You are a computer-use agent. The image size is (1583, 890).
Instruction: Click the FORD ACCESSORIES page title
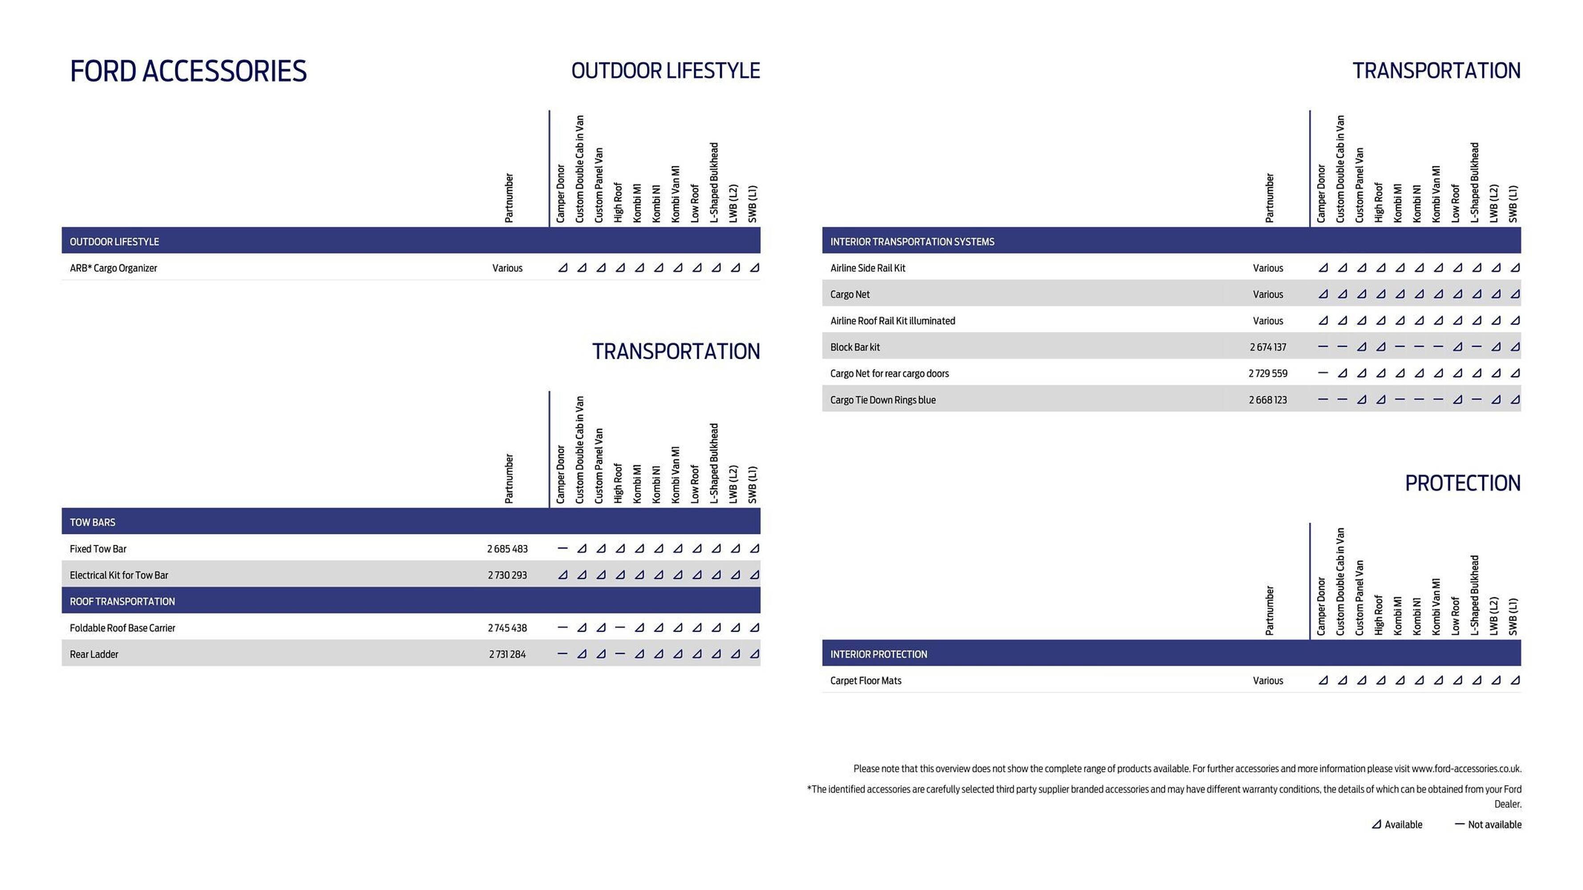(188, 71)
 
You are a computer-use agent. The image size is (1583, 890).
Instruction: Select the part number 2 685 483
(507, 549)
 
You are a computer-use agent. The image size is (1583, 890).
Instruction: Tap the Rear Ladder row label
(94, 654)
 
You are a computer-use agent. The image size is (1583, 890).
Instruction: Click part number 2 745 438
(507, 628)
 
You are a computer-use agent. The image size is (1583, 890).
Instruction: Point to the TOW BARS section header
(92, 522)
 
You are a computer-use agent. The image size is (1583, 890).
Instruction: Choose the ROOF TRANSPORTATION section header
(122, 601)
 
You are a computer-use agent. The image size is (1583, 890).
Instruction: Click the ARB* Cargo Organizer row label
(113, 268)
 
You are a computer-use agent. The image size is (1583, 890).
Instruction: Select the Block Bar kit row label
(855, 347)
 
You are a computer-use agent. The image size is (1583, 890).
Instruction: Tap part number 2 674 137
(1268, 347)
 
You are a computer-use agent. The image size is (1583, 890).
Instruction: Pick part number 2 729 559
(1268, 373)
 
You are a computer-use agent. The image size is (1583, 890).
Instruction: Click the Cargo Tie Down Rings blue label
(883, 400)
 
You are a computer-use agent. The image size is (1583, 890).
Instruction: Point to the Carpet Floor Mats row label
(865, 680)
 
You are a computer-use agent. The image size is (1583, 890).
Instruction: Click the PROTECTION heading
(1463, 483)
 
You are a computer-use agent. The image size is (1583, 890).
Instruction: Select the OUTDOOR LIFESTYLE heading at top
(666, 71)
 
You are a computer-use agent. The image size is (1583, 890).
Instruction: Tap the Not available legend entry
(1488, 824)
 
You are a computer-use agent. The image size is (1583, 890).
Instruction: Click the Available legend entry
(1397, 824)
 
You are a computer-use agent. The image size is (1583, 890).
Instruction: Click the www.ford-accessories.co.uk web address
(1465, 769)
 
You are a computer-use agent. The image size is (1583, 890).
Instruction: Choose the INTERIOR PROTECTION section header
(878, 654)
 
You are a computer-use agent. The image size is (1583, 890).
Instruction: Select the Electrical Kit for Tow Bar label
(118, 575)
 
